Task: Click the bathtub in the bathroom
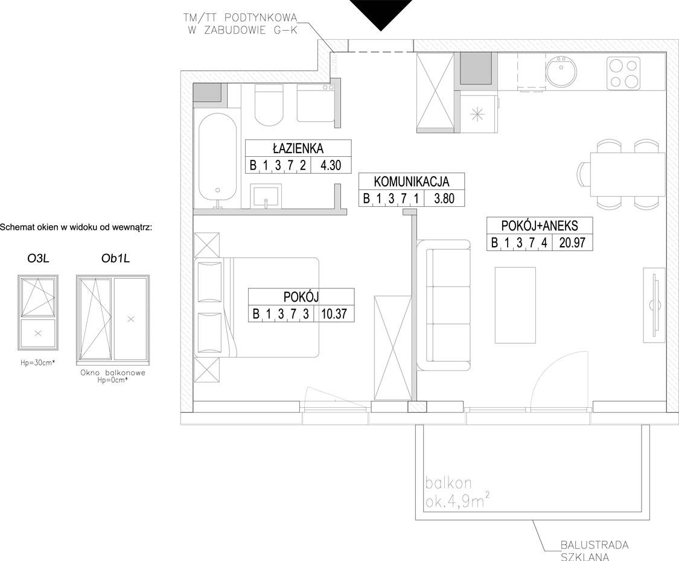pyautogui.click(x=217, y=159)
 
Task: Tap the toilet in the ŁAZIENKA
pyautogui.click(x=269, y=104)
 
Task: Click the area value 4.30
pyautogui.click(x=330, y=165)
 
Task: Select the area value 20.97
pyautogui.click(x=572, y=242)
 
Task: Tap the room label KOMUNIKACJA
pyautogui.click(x=412, y=182)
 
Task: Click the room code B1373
pyautogui.click(x=281, y=314)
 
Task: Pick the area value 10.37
pyautogui.click(x=334, y=314)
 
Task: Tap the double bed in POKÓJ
pyautogui.click(x=257, y=308)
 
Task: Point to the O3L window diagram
pyautogui.click(x=38, y=312)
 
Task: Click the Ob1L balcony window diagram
pyautogui.click(x=113, y=319)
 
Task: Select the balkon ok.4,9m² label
pyautogui.click(x=457, y=492)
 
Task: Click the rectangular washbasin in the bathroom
pyautogui.click(x=266, y=195)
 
